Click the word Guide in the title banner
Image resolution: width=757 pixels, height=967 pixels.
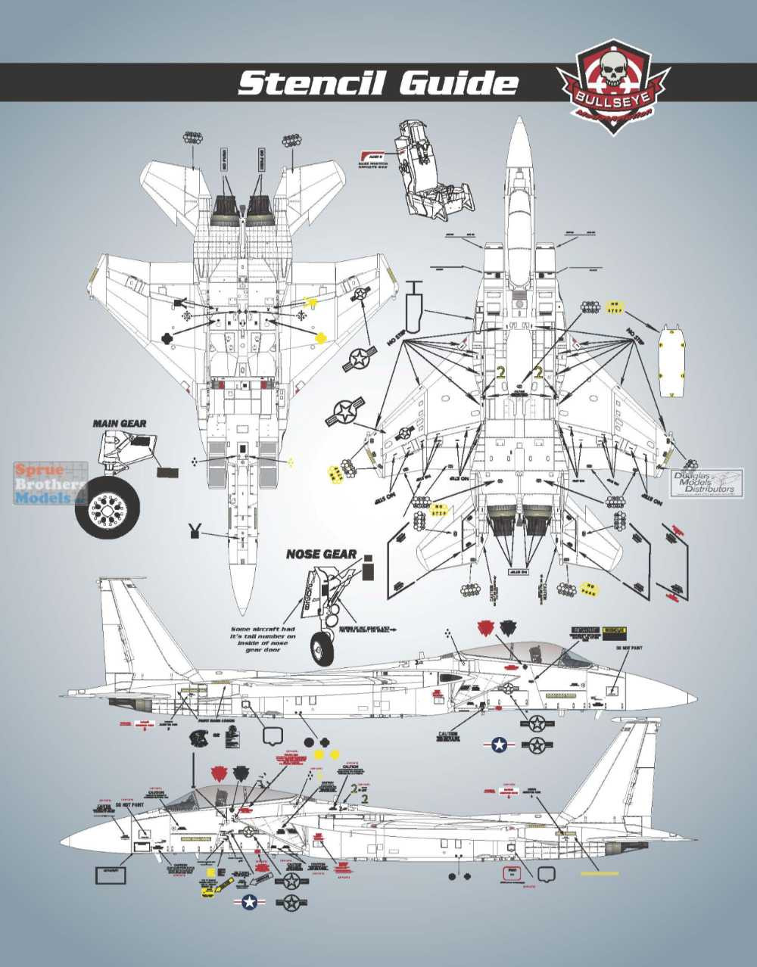(x=459, y=82)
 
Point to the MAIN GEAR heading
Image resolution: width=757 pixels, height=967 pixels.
(x=120, y=424)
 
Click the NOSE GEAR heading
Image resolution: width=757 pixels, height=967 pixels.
(x=321, y=554)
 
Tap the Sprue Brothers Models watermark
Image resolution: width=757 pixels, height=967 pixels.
(x=50, y=484)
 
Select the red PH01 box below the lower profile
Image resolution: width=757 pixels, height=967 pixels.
(x=513, y=874)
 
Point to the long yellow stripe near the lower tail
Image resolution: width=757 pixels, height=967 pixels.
(x=599, y=872)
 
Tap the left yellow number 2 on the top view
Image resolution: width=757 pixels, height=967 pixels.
(x=500, y=373)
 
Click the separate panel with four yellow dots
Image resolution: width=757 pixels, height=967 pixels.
(x=672, y=359)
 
